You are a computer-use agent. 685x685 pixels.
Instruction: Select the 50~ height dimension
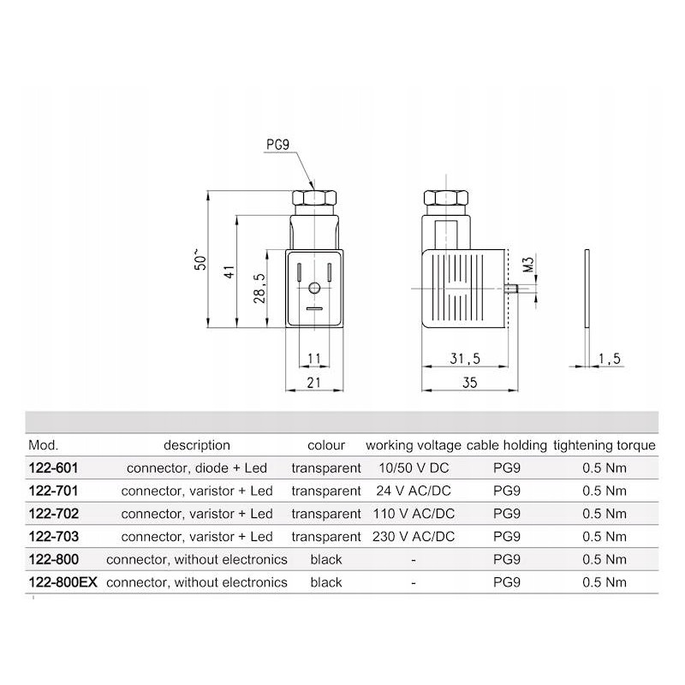click(200, 259)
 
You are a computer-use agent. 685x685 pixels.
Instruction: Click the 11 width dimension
click(313, 359)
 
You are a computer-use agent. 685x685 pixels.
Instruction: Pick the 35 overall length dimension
click(468, 384)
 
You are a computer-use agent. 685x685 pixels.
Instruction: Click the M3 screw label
click(528, 264)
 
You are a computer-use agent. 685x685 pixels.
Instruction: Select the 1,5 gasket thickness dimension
click(609, 360)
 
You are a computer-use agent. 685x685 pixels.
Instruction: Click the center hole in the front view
click(314, 289)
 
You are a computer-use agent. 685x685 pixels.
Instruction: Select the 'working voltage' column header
click(414, 445)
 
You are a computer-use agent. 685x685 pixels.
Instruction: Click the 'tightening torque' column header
click(605, 445)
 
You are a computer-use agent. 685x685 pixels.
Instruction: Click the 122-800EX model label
click(63, 582)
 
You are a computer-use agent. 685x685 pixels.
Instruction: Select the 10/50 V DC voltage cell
click(414, 468)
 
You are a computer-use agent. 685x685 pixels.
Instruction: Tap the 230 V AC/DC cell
click(414, 537)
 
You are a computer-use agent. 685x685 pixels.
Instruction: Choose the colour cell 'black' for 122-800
click(326, 559)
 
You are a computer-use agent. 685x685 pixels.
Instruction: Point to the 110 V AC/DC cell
click(414, 514)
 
